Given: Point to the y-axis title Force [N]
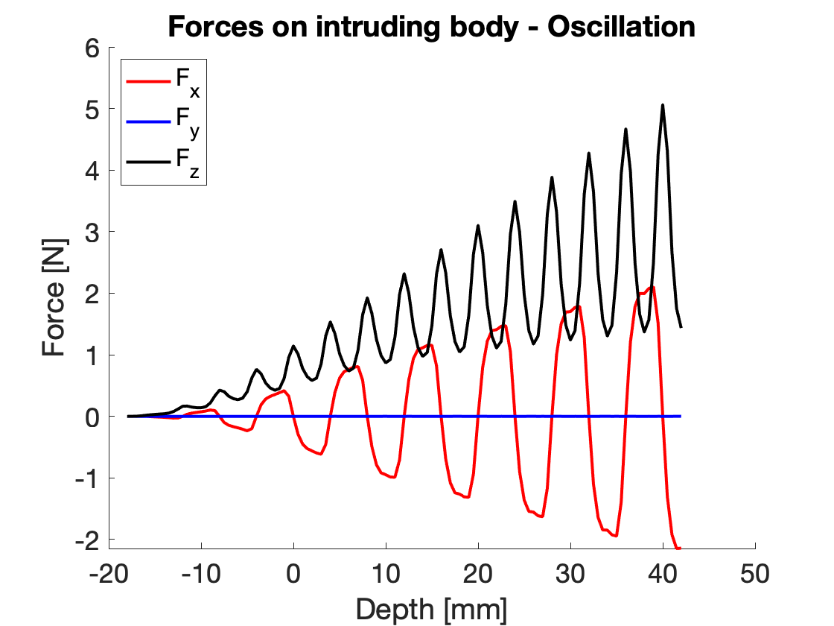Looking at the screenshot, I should coord(56,298).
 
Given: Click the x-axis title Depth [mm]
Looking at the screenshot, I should coord(431,609).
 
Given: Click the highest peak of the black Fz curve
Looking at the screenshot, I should coord(662,105).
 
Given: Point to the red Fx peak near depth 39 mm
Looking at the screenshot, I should coord(653,287).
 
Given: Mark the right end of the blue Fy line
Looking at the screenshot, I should coord(680,416).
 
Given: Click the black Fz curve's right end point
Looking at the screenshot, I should coord(681,327).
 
